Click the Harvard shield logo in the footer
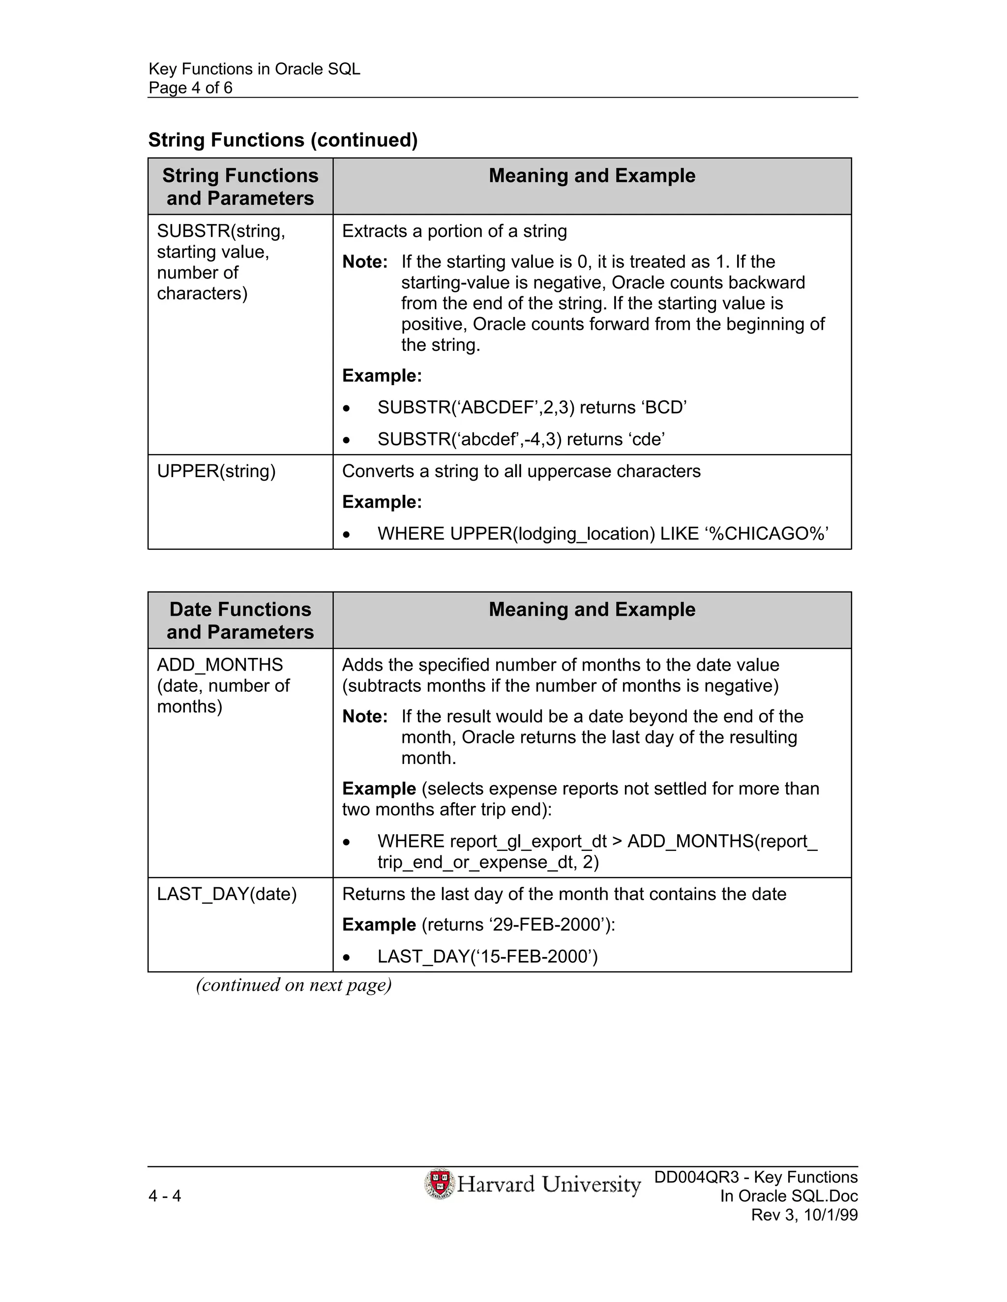[x=440, y=1184]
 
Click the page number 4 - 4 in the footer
[x=165, y=1195]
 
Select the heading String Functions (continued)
[x=283, y=140]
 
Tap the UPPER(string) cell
[x=216, y=472]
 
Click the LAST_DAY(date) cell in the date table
[x=227, y=894]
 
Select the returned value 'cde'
[x=648, y=439]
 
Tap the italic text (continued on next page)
[x=294, y=985]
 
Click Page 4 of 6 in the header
[x=190, y=88]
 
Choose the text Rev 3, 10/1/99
[x=803, y=1215]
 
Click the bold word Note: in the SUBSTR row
[x=364, y=262]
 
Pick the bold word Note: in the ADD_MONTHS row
[x=364, y=716]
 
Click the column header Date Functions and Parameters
[x=240, y=621]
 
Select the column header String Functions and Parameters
[x=240, y=187]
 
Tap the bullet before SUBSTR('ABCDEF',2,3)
[x=346, y=409]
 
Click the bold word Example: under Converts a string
[x=382, y=502]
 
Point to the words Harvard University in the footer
[x=548, y=1184]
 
